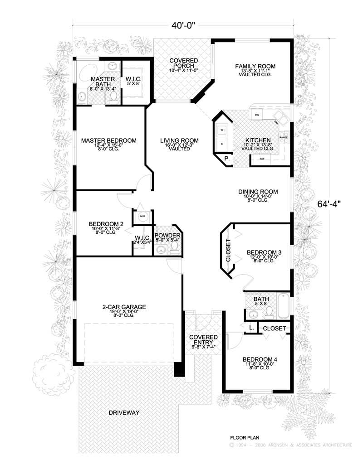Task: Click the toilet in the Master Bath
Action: [x=113, y=97]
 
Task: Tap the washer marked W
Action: [x=222, y=130]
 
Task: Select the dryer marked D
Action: [x=222, y=144]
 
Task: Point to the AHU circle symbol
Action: [x=142, y=217]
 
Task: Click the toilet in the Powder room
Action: [x=175, y=247]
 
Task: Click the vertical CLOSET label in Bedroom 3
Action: [x=228, y=251]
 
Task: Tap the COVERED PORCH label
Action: [x=183, y=63]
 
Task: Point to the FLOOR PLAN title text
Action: [x=245, y=438]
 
